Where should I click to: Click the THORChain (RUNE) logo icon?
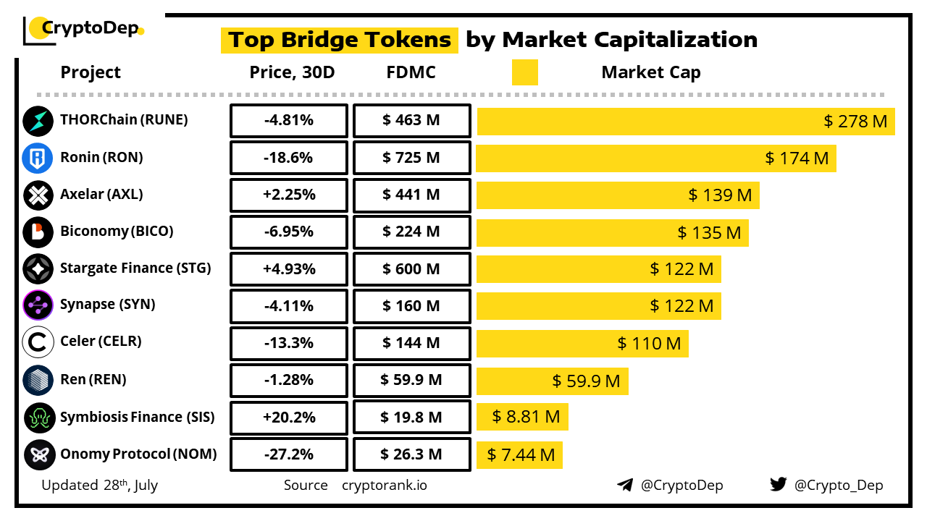[x=38, y=121]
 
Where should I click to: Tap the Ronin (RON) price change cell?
[x=289, y=158]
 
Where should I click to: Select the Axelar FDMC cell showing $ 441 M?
[x=411, y=195]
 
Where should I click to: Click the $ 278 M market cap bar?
[x=685, y=121]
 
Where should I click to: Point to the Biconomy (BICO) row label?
[x=117, y=232]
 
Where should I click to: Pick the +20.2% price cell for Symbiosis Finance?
[x=289, y=418]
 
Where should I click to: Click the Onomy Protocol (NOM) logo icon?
[x=38, y=454]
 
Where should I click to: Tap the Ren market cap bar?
[x=552, y=381]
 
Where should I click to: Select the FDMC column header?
[x=411, y=72]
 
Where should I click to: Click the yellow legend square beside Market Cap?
[x=524, y=72]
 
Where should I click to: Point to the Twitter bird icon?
[x=778, y=484]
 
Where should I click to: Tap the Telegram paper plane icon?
[x=624, y=485]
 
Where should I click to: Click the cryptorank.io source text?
[x=384, y=485]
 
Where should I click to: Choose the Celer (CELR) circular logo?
[x=38, y=343]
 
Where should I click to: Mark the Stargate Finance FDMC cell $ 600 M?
[x=411, y=269]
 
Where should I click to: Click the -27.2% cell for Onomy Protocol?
[x=289, y=454]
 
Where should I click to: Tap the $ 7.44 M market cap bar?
[x=519, y=454]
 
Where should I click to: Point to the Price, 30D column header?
[x=292, y=72]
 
